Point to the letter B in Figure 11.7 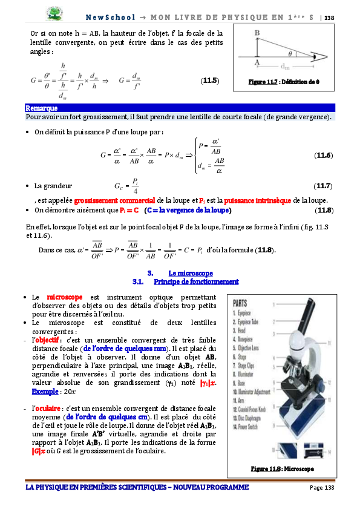point(257,33)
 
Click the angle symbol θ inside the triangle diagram point(290,53)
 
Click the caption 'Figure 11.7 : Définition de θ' point(284,81)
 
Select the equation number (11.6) point(324,156)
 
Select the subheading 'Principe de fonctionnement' point(196,282)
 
